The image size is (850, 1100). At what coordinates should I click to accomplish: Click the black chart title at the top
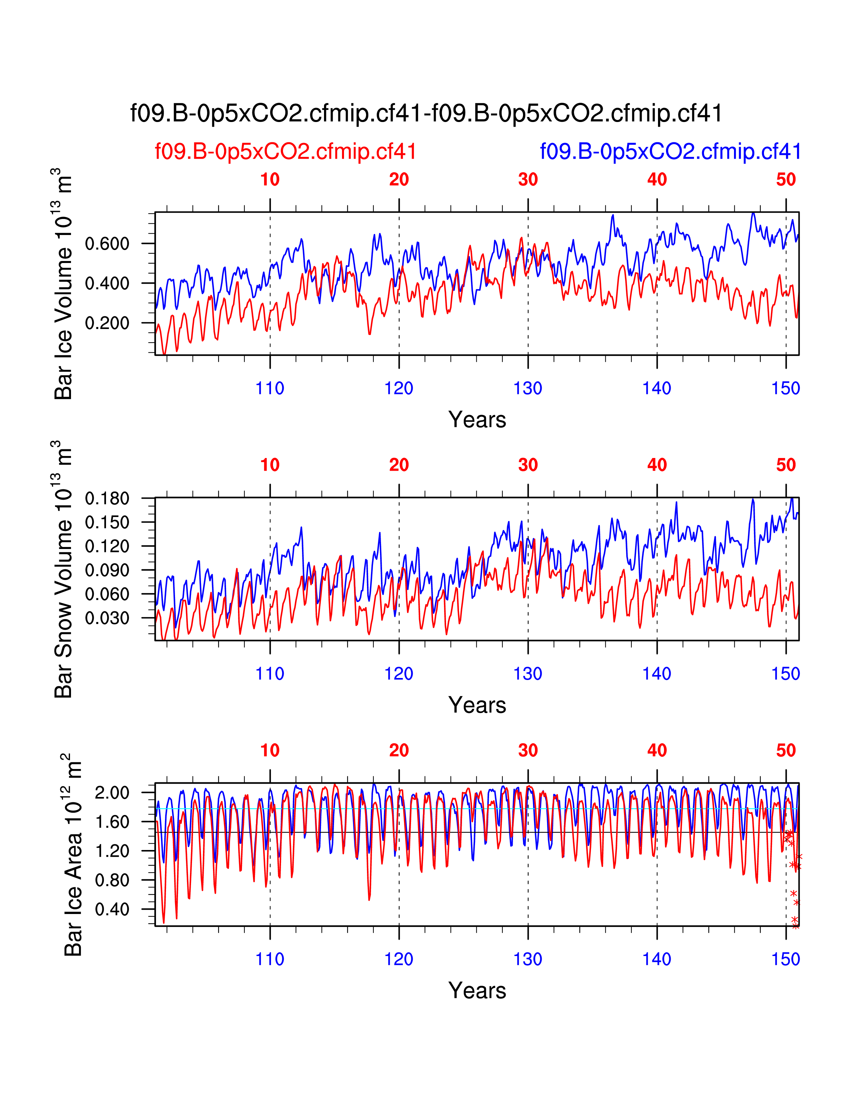(426, 113)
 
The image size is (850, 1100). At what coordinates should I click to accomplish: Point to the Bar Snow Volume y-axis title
(64, 569)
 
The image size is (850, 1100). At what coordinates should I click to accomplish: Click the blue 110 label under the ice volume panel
(270, 388)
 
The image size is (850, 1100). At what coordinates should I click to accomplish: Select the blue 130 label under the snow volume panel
(528, 673)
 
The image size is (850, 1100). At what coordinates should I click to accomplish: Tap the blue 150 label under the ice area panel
(786, 959)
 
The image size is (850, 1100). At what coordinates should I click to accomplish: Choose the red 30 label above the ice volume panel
(528, 179)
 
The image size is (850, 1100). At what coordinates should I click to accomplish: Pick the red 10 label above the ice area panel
(270, 750)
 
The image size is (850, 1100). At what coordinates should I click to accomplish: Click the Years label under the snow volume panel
(477, 705)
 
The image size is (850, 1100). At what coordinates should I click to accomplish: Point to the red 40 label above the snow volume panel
(657, 465)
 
